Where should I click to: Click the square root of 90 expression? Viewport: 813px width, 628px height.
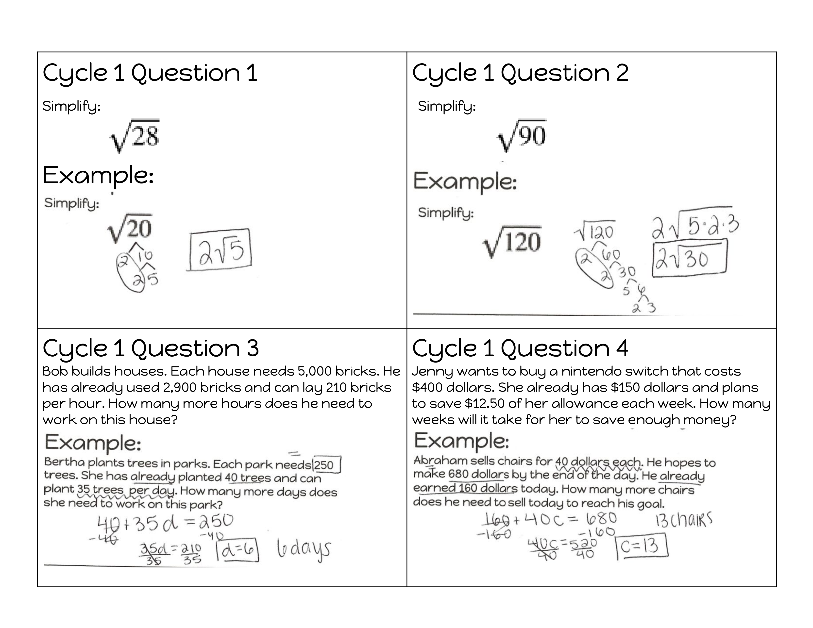click(522, 135)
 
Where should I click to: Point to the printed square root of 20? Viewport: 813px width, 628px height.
click(130, 229)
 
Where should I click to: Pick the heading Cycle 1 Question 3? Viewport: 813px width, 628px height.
click(151, 348)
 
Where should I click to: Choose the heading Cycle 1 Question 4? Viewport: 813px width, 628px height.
click(520, 348)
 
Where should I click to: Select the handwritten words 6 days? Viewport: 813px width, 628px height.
click(303, 550)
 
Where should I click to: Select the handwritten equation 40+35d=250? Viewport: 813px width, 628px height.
click(165, 523)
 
